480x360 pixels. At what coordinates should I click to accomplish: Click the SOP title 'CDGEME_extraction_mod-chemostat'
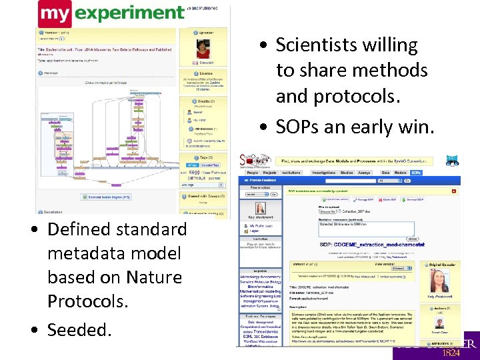pyautogui.click(x=366, y=245)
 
